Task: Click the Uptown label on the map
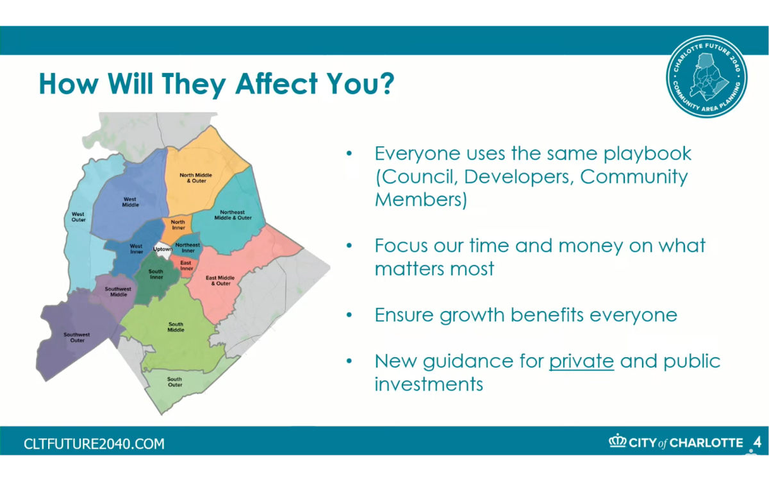[162, 249]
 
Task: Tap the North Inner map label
[178, 224]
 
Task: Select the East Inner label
[186, 266]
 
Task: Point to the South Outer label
[175, 382]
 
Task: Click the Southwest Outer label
[77, 337]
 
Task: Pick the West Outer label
[78, 217]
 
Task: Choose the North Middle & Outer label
[196, 178]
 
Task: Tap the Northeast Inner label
[188, 248]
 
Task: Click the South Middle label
[176, 327]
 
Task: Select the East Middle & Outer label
[220, 280]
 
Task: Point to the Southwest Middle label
[118, 292]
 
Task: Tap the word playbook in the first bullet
[647, 154]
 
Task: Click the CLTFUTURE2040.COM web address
[94, 444]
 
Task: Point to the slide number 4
[757, 442]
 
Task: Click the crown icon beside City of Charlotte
[618, 441]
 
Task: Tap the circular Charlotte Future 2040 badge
[707, 76]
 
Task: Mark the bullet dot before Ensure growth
[349, 315]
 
